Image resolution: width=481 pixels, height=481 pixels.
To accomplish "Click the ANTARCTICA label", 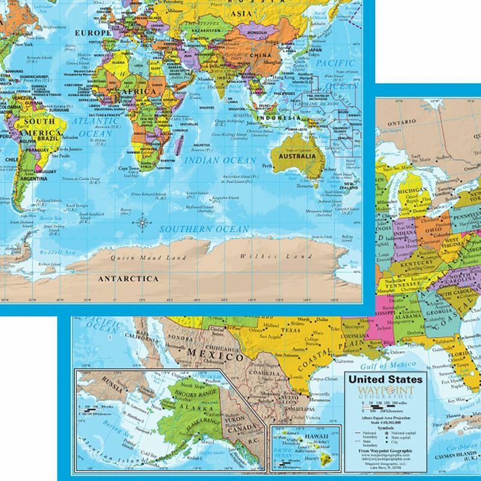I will click(129, 278).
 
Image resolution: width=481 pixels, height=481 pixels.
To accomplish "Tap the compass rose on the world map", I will click(143, 223).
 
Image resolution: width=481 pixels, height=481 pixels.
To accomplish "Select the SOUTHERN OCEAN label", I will click(204, 230).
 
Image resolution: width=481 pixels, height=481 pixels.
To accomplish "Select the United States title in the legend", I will click(386, 379).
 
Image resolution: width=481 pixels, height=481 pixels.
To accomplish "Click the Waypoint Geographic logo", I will click(386, 393).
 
